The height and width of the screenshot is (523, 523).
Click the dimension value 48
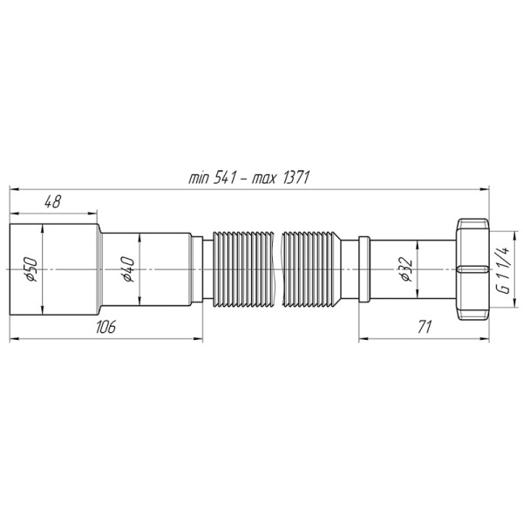[53, 202]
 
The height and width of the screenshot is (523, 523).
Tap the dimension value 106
[105, 327]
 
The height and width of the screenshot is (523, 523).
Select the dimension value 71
[425, 327]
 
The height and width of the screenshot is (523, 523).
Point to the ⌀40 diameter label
[128, 269]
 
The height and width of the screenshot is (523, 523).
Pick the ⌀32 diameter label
[406, 269]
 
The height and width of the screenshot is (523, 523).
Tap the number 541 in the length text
[225, 178]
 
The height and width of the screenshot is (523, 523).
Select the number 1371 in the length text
[296, 178]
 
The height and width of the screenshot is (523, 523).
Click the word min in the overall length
[199, 179]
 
